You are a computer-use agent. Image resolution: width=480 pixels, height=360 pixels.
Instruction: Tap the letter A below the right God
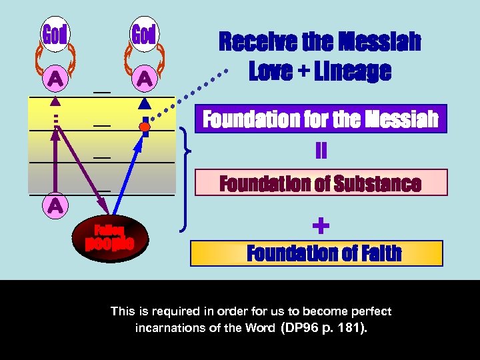[x=144, y=79]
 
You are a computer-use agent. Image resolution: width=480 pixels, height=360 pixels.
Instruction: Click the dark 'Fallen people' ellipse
[x=109, y=237]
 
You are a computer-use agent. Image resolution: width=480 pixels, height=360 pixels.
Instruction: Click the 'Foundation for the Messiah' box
[x=321, y=119]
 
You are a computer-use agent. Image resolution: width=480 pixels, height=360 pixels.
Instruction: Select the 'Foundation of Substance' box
[x=321, y=183]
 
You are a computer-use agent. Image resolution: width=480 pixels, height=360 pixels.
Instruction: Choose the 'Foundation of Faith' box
[x=317, y=253]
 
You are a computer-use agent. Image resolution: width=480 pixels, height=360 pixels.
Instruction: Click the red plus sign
[x=321, y=227]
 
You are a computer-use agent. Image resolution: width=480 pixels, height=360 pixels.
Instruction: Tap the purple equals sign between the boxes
[x=321, y=151]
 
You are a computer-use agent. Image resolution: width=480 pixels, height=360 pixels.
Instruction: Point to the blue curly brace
[x=185, y=180]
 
